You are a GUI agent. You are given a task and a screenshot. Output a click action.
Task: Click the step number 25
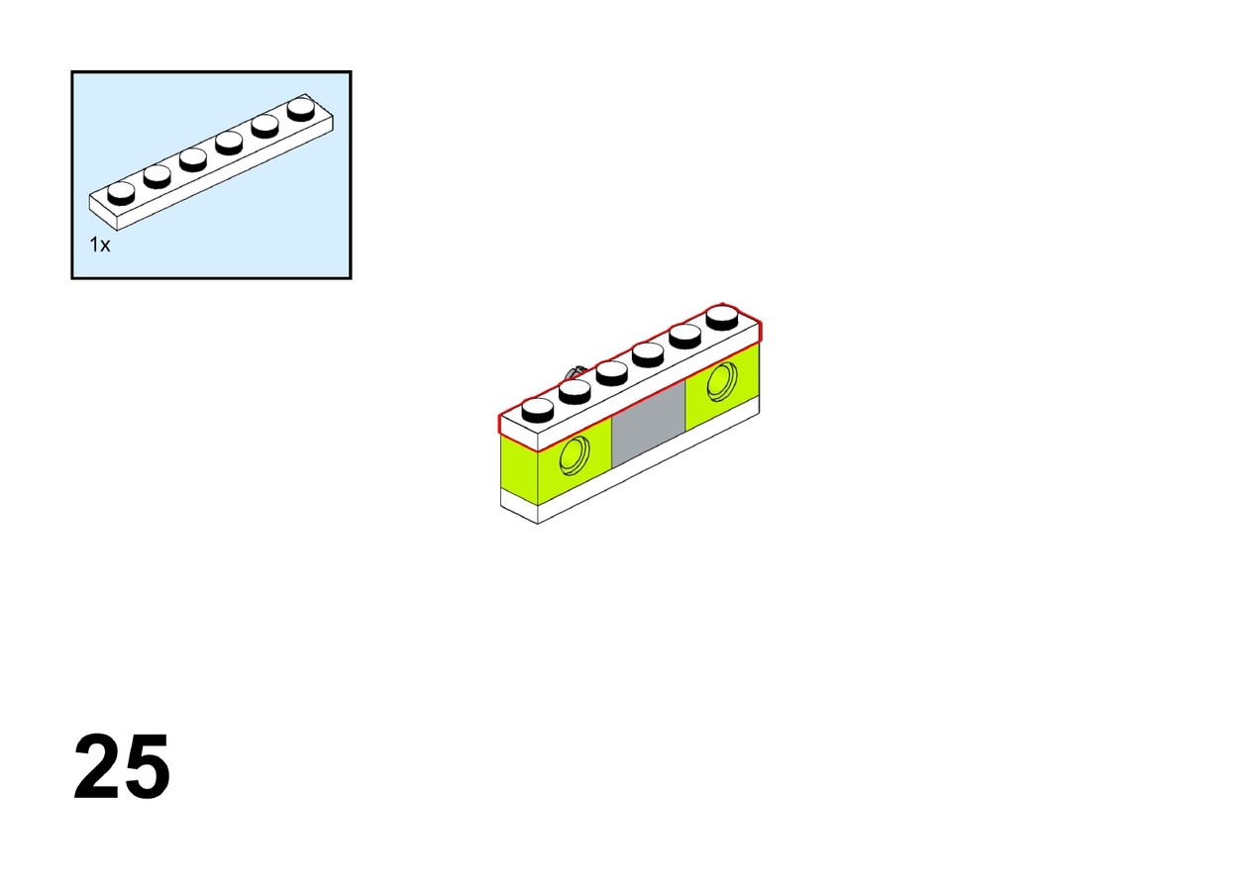pos(122,766)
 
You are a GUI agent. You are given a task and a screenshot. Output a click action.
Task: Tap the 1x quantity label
pos(100,246)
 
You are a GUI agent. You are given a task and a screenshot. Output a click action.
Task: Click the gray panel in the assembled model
pos(648,425)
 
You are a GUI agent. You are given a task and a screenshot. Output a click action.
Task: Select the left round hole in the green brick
pos(575,455)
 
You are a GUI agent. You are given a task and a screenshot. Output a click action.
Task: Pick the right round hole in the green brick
pos(722,382)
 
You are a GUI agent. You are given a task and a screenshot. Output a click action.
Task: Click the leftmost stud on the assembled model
pos(538,411)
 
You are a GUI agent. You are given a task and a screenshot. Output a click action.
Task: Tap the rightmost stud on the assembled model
pos(722,317)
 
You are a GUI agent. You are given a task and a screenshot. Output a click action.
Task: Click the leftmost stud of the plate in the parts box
pos(121,193)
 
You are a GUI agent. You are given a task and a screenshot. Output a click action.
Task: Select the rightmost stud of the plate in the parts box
pos(301,109)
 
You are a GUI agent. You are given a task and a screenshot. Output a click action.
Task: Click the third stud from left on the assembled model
pos(612,372)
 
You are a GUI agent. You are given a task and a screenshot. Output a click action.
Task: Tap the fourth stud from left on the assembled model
pos(648,354)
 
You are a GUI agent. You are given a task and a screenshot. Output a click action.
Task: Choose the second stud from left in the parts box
pos(157,176)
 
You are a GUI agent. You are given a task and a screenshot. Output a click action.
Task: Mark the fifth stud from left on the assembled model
pos(685,337)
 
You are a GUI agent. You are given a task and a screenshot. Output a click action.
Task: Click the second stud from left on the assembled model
pos(575,391)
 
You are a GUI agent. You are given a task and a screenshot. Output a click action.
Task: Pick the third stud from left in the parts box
pos(193,159)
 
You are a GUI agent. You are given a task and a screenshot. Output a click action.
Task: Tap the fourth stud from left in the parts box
pos(229,143)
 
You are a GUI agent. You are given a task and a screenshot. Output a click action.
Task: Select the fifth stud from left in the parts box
pos(264,126)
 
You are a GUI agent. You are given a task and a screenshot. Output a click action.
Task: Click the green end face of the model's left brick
pos(519,470)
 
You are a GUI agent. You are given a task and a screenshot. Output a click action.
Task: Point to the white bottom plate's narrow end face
pos(519,505)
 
